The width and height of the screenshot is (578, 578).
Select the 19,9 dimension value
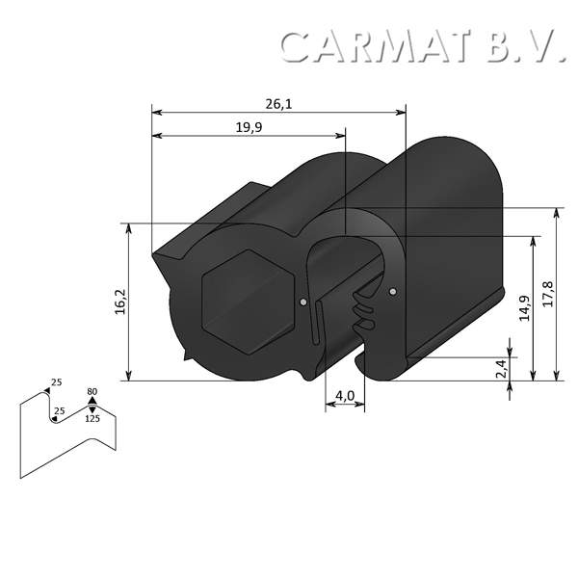[249, 126]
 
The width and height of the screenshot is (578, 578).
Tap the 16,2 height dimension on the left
[119, 302]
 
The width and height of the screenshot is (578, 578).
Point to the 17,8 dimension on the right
[548, 294]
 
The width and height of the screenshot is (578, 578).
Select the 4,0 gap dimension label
[345, 396]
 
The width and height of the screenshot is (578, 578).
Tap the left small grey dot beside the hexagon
[303, 303]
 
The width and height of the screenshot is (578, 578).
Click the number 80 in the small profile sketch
[92, 392]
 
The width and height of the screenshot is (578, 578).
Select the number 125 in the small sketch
[92, 419]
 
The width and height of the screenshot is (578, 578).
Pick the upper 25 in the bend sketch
[56, 383]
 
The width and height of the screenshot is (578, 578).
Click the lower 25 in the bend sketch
[60, 411]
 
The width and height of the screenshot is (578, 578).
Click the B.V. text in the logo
[525, 46]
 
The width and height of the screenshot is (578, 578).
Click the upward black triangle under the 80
[92, 402]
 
